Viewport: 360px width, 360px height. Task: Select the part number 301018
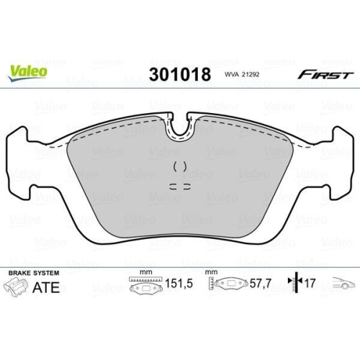(179, 74)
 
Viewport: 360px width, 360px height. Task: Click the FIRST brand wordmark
(325, 74)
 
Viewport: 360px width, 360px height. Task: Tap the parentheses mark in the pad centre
(180, 166)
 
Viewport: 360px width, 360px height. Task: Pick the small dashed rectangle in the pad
(180, 185)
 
